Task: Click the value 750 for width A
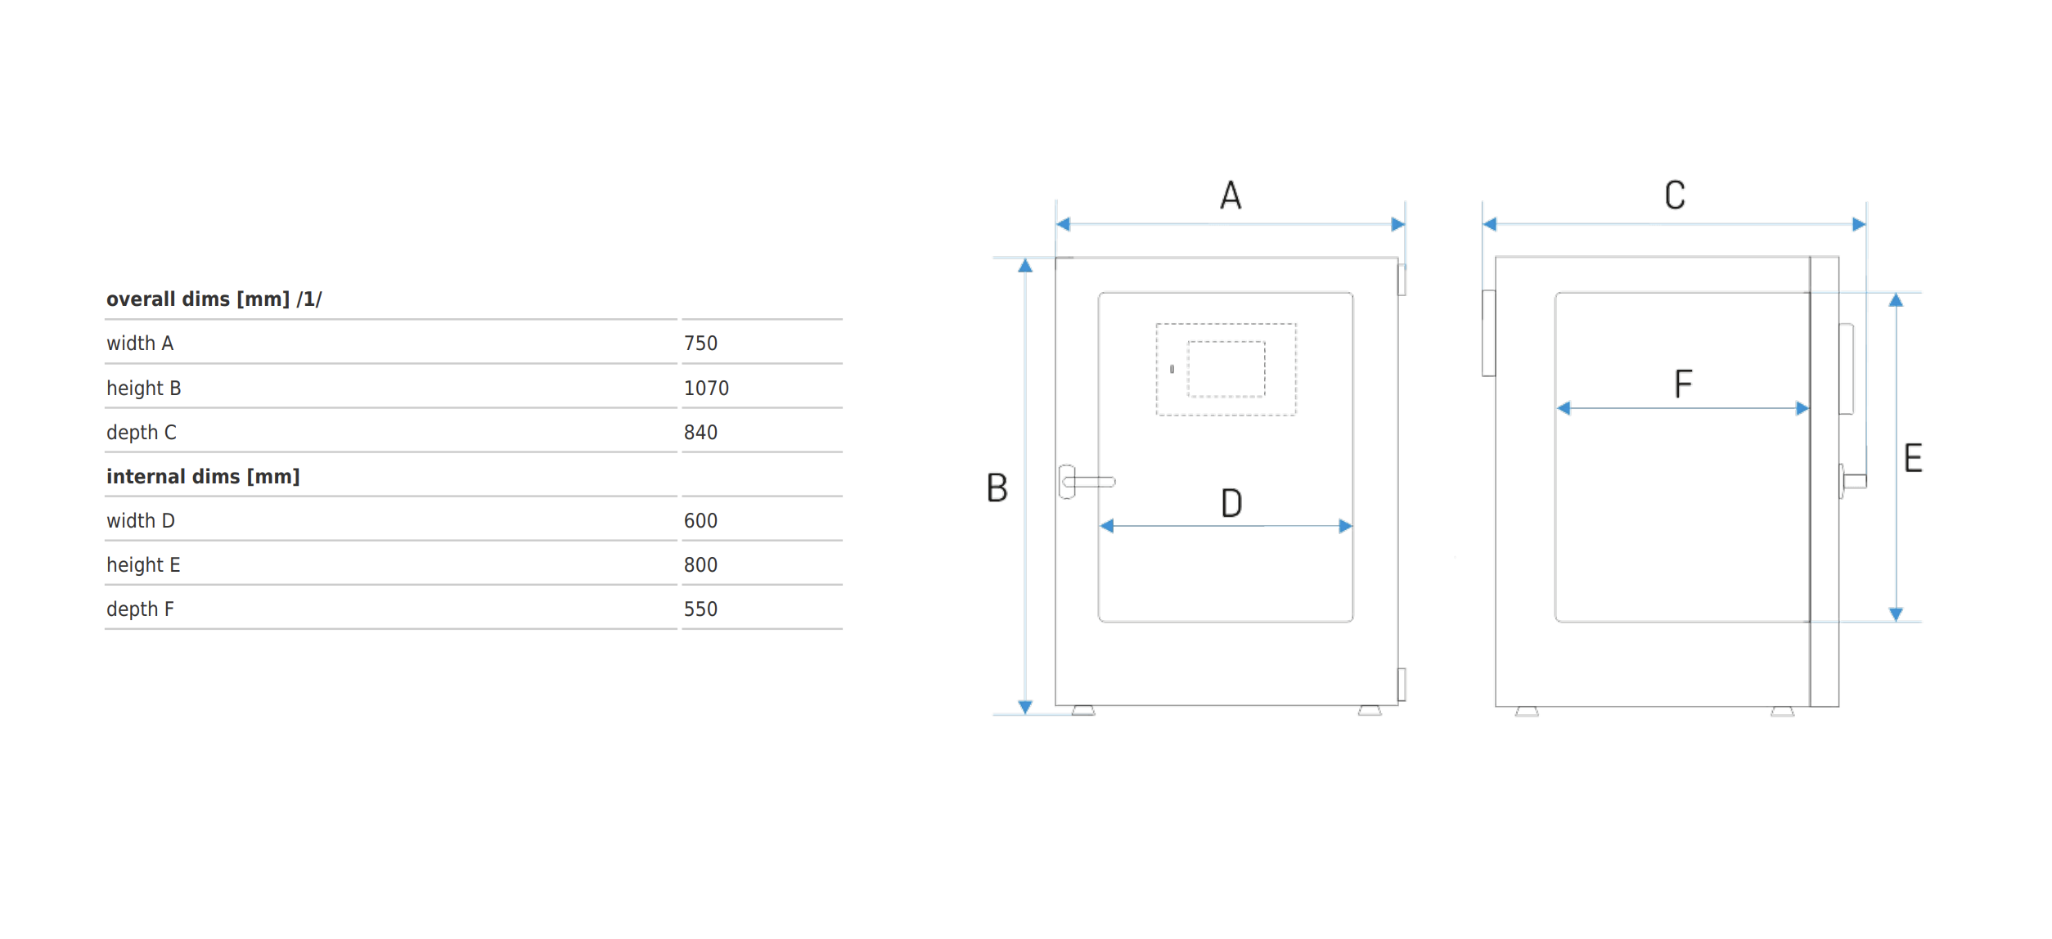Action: pos(700,344)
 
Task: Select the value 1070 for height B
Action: pos(706,389)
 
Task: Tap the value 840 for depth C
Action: pos(700,433)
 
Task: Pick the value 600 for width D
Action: pos(700,521)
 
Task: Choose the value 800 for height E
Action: pos(700,565)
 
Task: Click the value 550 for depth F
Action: pos(700,609)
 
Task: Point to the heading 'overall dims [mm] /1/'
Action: pos(214,299)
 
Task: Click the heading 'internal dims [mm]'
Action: pos(203,477)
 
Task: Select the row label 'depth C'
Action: pos(142,433)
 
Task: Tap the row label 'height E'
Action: pos(143,565)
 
